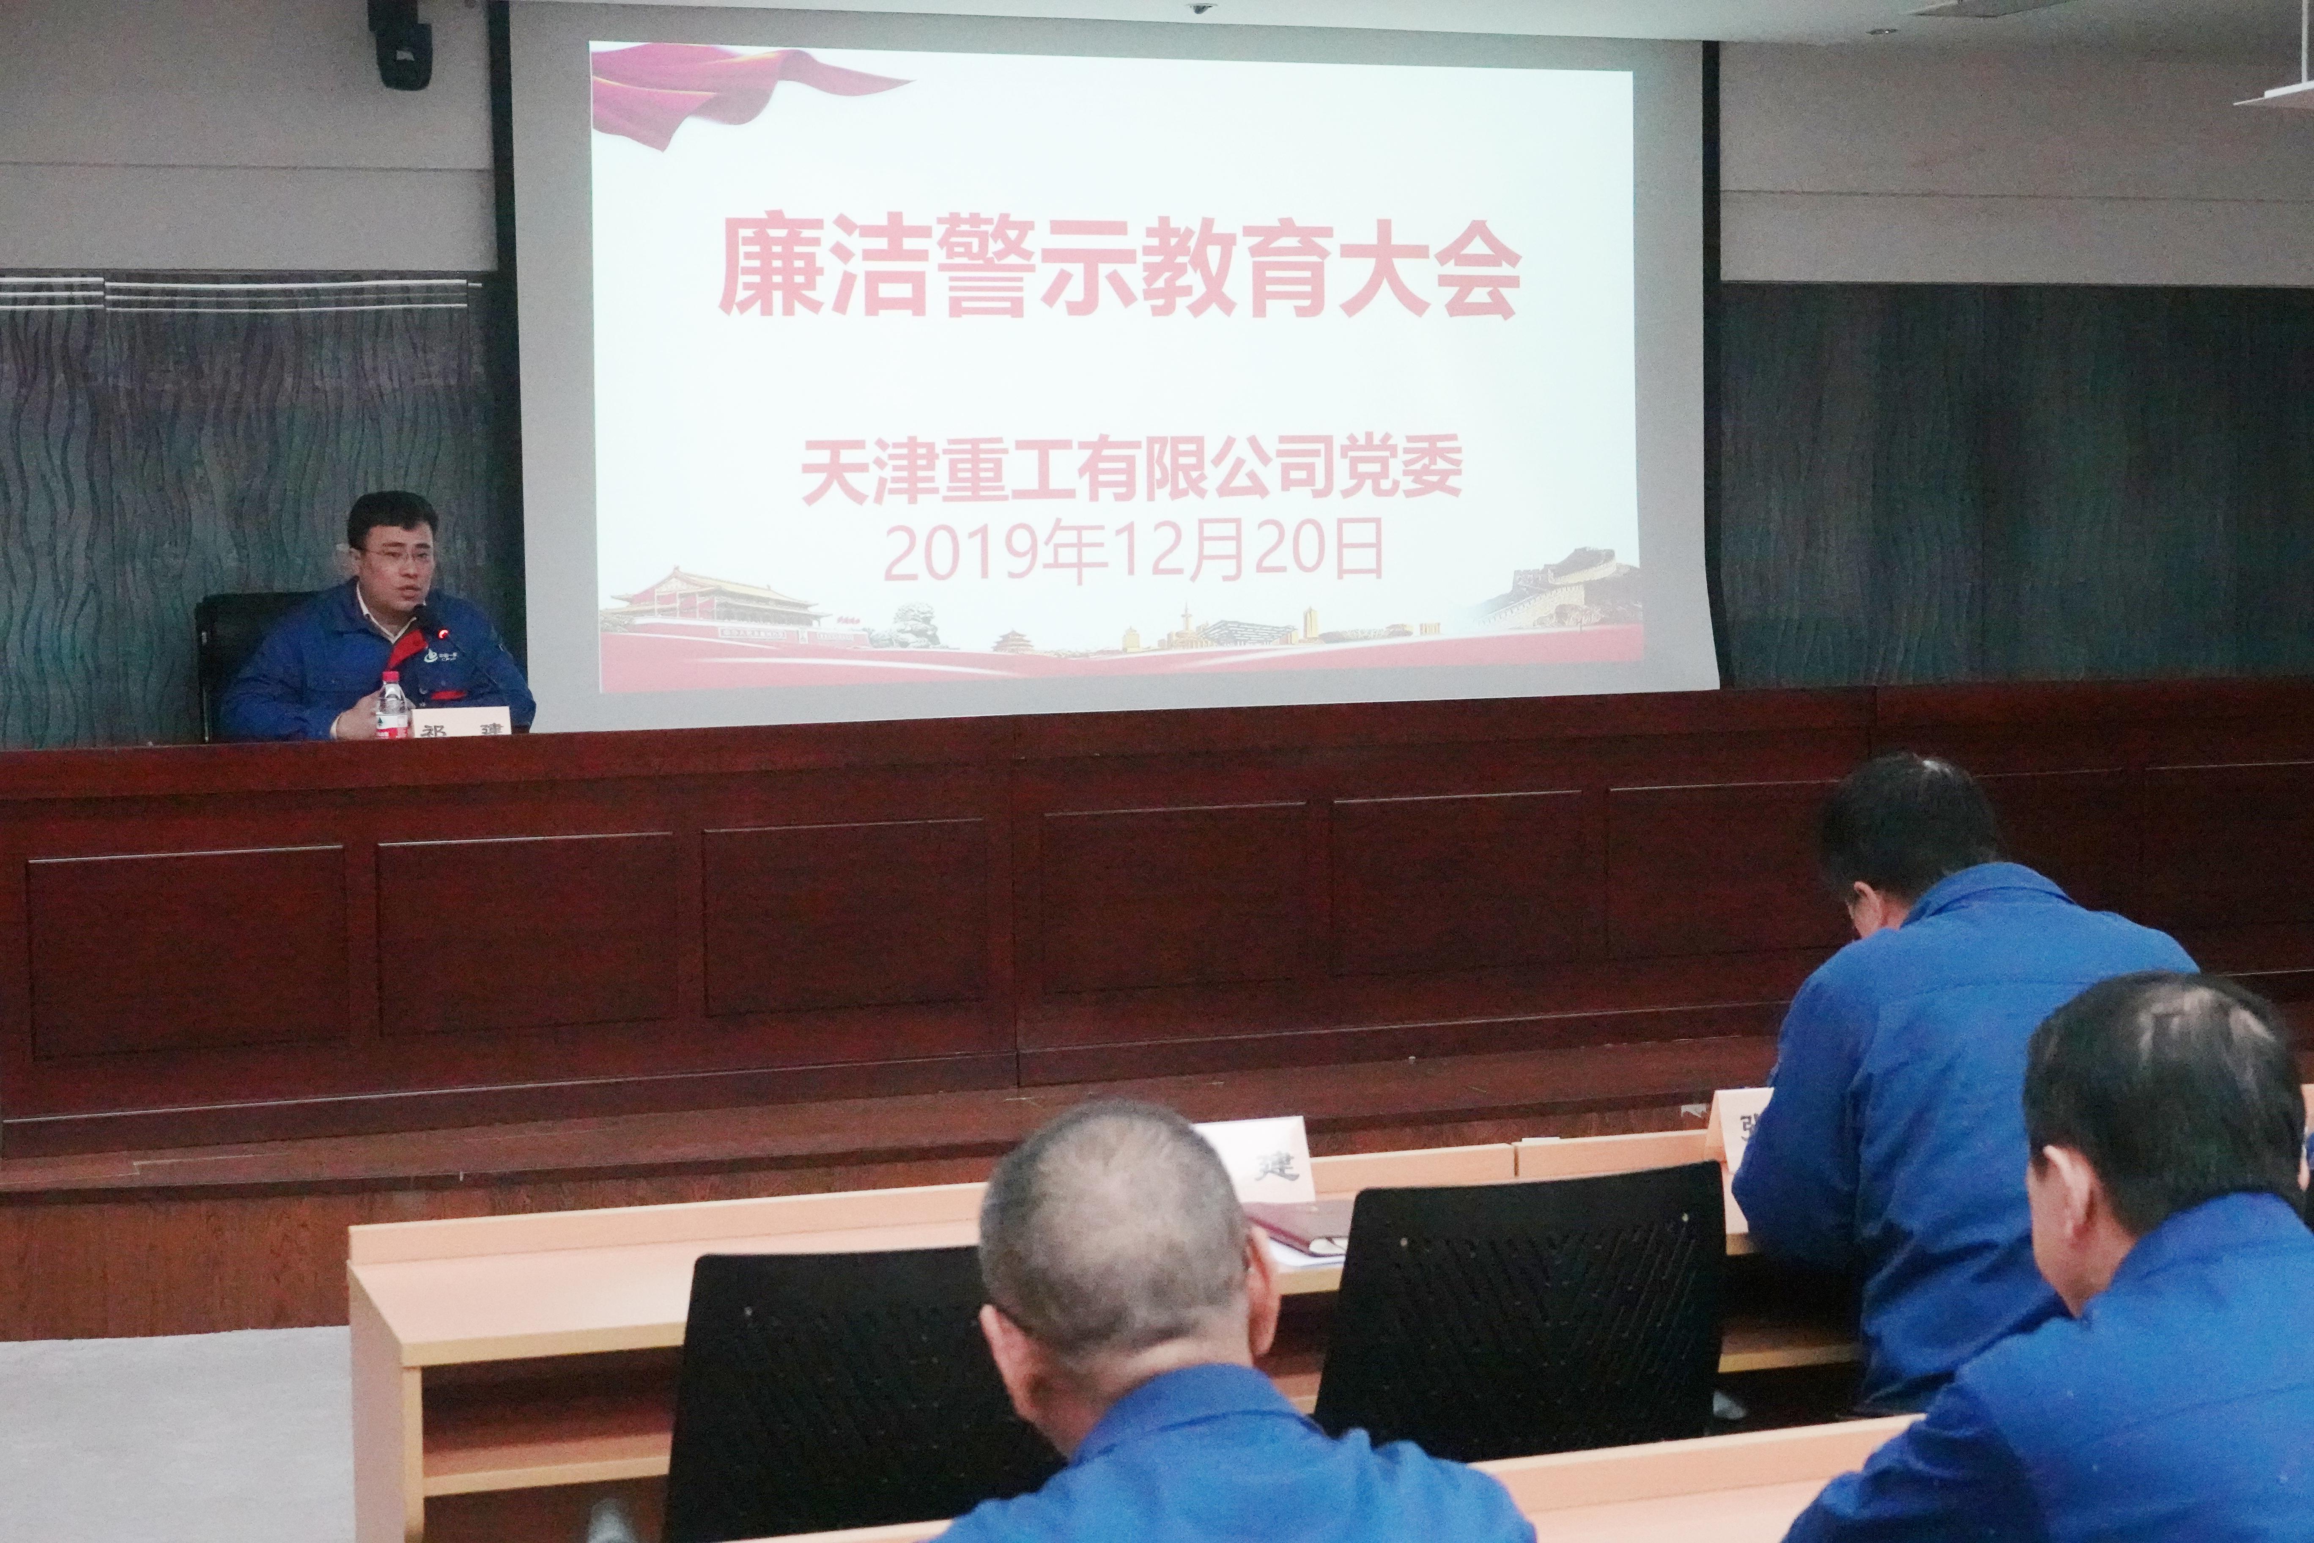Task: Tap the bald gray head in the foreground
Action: coord(1117,1230)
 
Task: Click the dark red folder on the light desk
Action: coord(1299,1225)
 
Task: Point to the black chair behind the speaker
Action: coord(241,650)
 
